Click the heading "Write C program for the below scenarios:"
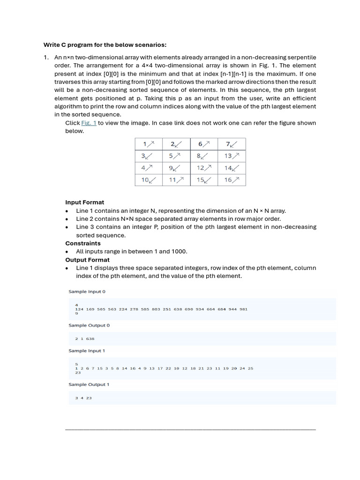[105, 45]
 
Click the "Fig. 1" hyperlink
[89, 123]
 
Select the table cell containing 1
[149, 144]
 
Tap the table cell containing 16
[232, 180]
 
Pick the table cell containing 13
[232, 156]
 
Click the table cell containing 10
[149, 180]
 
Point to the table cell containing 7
[232, 144]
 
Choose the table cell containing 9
[176, 168]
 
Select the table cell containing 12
[204, 168]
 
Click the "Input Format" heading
[84, 202]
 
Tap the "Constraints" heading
[82, 243]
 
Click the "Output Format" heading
[87, 260]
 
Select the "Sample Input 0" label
[87, 292]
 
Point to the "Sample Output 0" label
[89, 325]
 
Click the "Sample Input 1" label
[87, 351]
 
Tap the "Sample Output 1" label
[89, 384]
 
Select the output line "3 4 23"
[83, 398]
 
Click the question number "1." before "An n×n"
[46, 57]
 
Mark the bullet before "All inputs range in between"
[67, 252]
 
